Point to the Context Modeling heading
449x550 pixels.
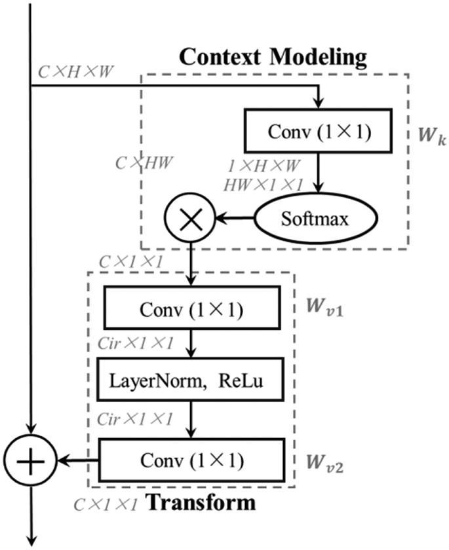click(x=273, y=57)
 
